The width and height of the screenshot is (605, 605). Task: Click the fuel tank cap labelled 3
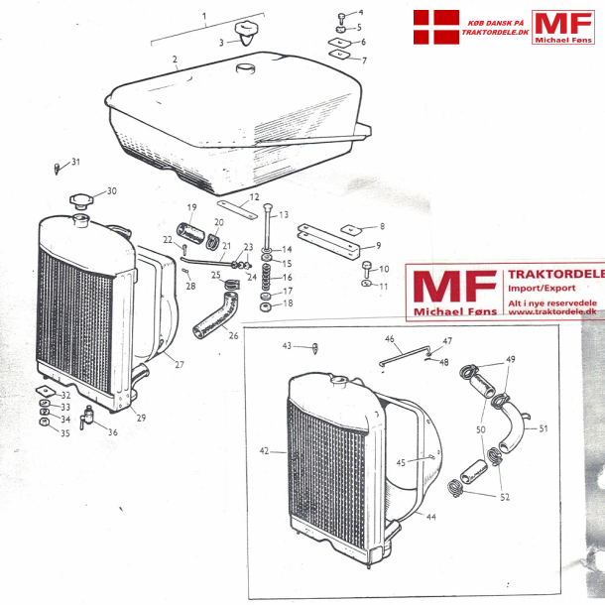pyautogui.click(x=243, y=37)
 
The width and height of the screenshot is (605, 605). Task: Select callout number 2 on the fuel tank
pyautogui.click(x=174, y=60)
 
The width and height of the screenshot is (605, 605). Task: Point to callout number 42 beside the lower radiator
pyautogui.click(x=264, y=451)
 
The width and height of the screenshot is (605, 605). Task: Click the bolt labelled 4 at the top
pyautogui.click(x=339, y=16)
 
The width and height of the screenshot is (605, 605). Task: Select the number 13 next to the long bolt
pyautogui.click(x=283, y=214)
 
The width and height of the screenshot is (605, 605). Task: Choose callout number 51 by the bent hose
pyautogui.click(x=544, y=428)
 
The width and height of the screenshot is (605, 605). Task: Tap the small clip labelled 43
pyautogui.click(x=315, y=348)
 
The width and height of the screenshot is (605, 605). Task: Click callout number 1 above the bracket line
pyautogui.click(x=205, y=16)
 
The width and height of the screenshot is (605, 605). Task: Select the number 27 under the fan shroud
pyautogui.click(x=180, y=365)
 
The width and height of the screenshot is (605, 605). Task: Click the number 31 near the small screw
pyautogui.click(x=76, y=163)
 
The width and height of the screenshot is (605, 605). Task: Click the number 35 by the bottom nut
pyautogui.click(x=65, y=432)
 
